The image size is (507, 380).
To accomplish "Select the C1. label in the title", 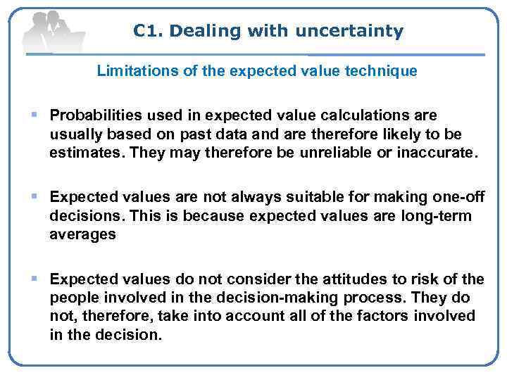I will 149,31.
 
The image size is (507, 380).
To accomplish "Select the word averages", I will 82,235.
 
